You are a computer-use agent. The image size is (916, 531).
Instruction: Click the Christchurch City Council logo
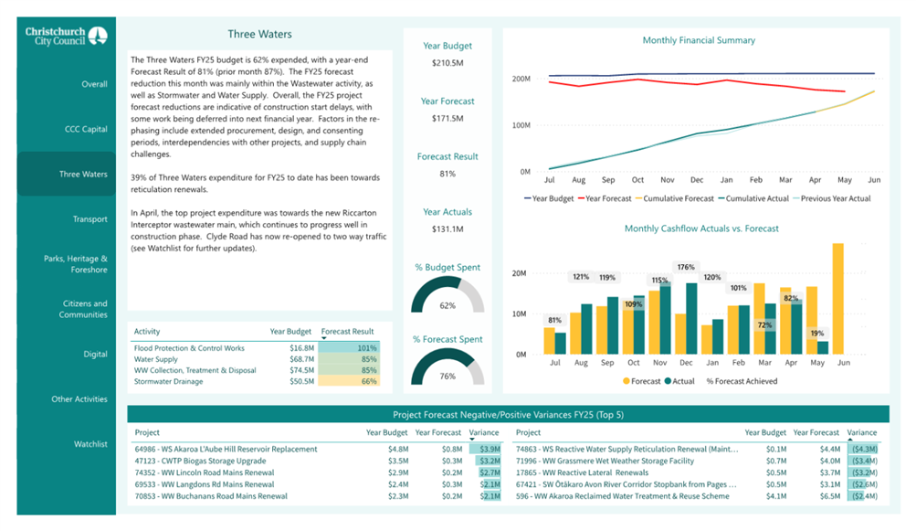click(x=66, y=37)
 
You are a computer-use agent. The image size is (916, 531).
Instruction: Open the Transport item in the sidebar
click(x=90, y=219)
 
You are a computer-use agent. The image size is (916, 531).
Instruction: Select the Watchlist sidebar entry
click(x=90, y=444)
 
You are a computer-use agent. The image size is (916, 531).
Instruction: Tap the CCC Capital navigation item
click(x=86, y=129)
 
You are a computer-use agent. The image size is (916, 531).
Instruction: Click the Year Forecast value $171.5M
click(x=447, y=118)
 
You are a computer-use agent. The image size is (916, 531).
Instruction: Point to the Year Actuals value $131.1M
click(x=447, y=229)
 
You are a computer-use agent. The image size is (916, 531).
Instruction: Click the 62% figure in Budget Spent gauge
click(x=447, y=306)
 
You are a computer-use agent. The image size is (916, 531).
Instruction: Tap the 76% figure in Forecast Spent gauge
click(x=447, y=377)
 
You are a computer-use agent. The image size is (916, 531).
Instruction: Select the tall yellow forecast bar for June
click(x=837, y=299)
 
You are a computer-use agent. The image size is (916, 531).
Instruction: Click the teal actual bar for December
click(x=691, y=319)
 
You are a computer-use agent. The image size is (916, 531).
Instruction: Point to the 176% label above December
click(x=686, y=267)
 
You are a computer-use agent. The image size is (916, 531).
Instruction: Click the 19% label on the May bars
click(x=817, y=334)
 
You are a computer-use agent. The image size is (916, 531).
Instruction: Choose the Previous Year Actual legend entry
click(x=832, y=199)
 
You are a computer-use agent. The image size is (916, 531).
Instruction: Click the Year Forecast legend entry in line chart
click(x=605, y=199)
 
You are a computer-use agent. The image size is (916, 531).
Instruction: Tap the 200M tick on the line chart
click(x=521, y=79)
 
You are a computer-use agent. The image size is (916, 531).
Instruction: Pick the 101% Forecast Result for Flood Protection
click(x=367, y=348)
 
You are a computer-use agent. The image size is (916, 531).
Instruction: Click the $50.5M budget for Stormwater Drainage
click(x=302, y=381)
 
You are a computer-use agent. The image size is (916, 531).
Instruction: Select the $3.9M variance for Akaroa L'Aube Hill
click(x=490, y=449)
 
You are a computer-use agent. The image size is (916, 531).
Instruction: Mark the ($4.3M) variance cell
click(x=864, y=449)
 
